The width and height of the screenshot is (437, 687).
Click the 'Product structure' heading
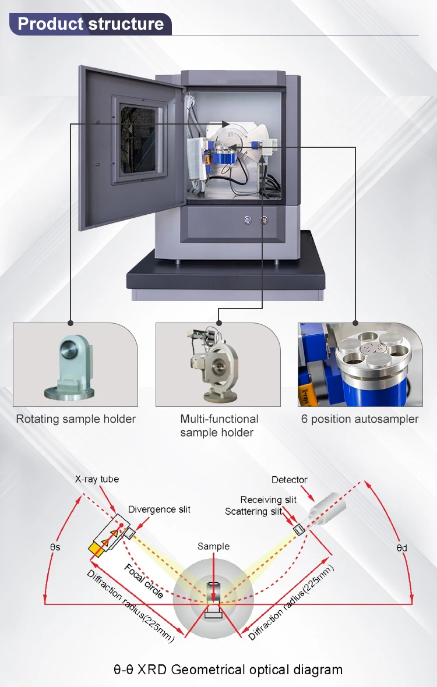click(x=91, y=24)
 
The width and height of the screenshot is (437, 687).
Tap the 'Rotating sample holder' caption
click(x=76, y=419)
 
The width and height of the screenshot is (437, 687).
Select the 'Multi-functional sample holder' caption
click(x=219, y=426)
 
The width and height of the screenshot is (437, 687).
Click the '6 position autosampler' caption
click(x=360, y=419)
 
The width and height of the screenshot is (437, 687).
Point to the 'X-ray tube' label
click(x=97, y=479)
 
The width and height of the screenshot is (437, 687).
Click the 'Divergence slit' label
click(x=159, y=509)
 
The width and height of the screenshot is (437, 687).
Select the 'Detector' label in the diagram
click(x=290, y=480)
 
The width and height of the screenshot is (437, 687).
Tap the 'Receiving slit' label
click(x=269, y=500)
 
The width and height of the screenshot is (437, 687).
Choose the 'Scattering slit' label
click(x=253, y=511)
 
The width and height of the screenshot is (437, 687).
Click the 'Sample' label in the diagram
click(x=213, y=546)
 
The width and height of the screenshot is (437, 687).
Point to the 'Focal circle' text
click(x=144, y=580)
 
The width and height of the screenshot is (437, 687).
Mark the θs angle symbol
click(x=57, y=547)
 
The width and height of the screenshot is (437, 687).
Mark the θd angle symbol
click(x=401, y=548)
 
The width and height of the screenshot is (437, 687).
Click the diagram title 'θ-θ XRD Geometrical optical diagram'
click(x=228, y=670)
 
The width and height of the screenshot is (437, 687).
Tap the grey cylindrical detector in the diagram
click(x=327, y=506)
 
